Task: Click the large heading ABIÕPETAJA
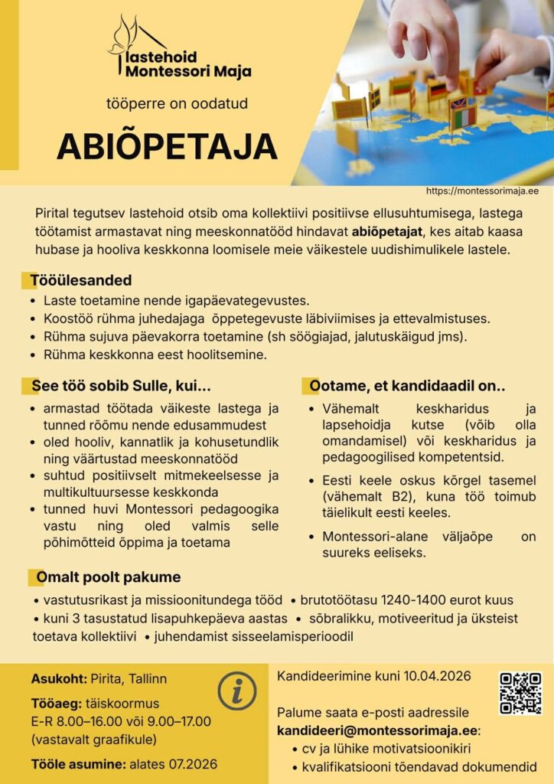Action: click(167, 145)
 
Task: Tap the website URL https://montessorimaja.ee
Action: click(482, 191)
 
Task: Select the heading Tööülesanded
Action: click(81, 280)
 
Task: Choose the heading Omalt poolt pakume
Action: click(109, 577)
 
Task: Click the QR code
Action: click(520, 693)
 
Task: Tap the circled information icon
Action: click(237, 691)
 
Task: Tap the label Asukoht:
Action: click(59, 678)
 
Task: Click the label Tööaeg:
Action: click(57, 703)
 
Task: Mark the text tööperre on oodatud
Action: click(177, 104)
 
